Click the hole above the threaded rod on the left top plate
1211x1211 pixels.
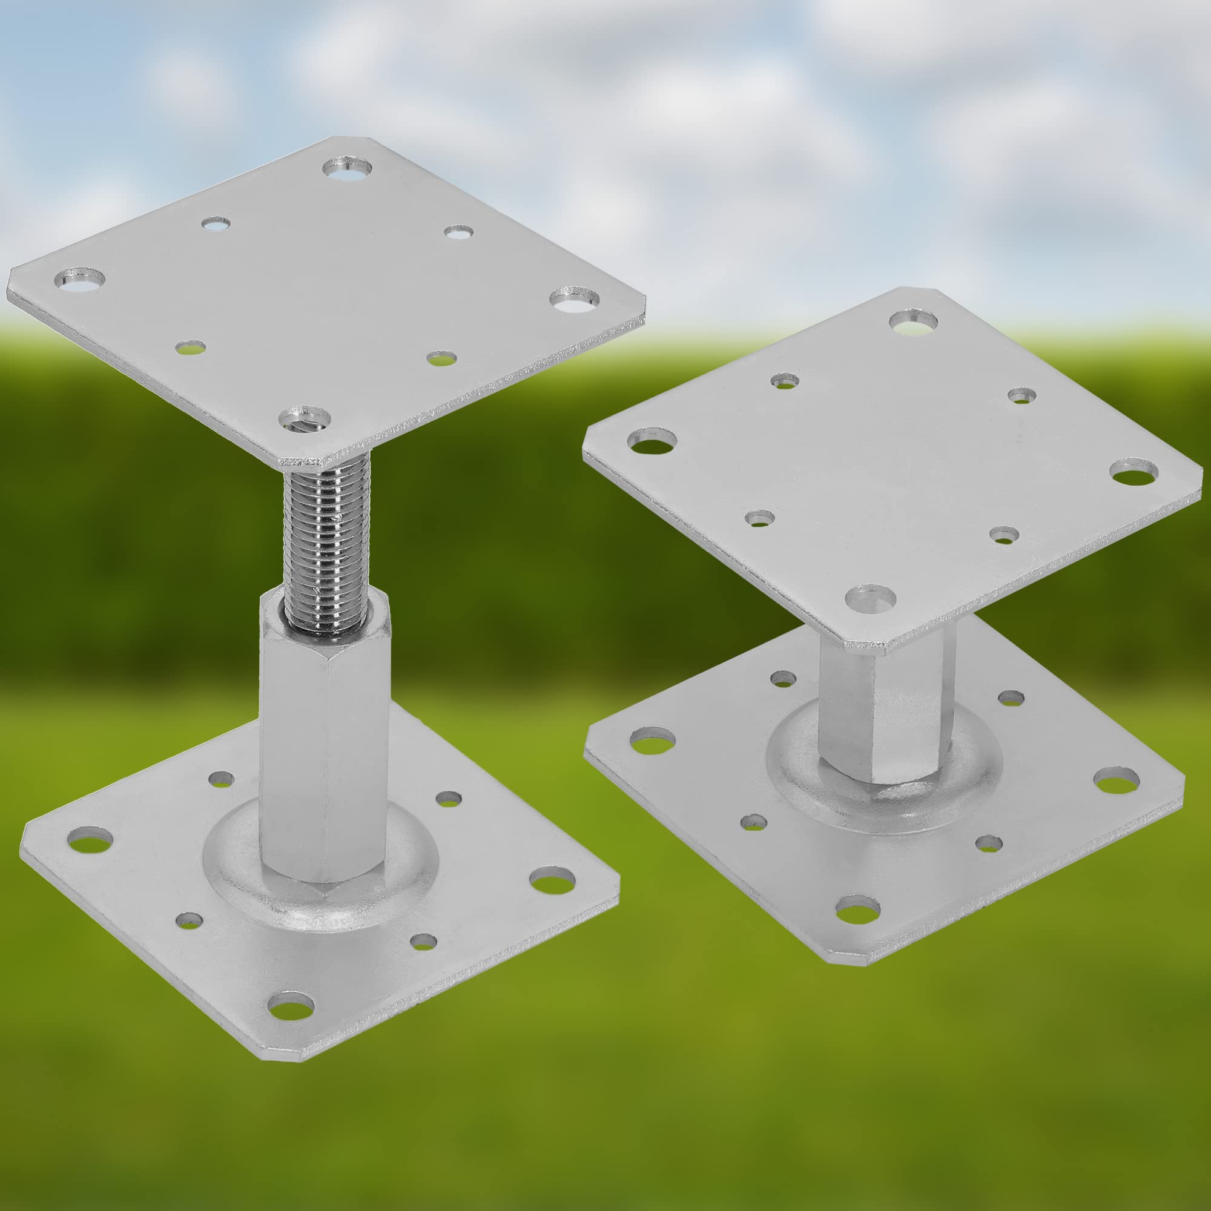[305, 417]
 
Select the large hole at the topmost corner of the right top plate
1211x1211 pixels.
[913, 322]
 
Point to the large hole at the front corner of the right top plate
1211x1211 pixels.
[870, 598]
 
